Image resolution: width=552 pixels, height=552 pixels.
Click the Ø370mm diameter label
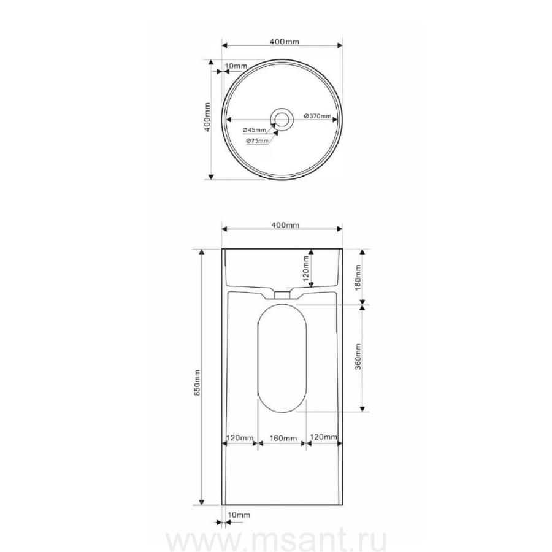click(317, 116)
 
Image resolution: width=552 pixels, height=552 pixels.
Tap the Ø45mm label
click(254, 130)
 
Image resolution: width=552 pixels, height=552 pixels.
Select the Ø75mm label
click(258, 141)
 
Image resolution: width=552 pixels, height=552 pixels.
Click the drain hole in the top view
click(281, 119)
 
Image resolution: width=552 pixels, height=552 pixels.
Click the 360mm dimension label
click(358, 356)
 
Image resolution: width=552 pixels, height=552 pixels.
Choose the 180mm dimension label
click(358, 277)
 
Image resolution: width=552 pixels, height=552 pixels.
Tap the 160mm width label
click(283, 439)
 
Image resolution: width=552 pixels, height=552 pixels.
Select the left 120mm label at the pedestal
click(240, 438)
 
